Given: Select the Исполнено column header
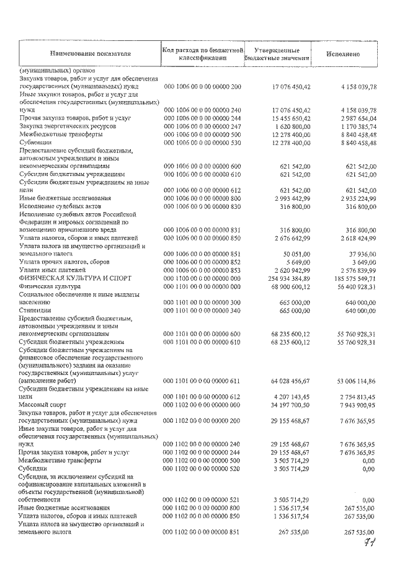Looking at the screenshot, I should point(343,54).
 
